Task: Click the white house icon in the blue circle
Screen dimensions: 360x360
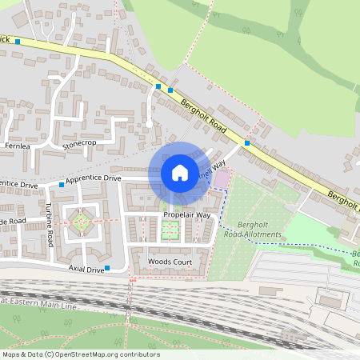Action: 179,172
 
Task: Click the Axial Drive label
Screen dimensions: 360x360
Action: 86,270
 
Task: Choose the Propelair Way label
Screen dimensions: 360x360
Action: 186,216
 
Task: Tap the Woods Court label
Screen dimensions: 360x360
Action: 170,262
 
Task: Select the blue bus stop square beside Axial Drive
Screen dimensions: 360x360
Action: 107,268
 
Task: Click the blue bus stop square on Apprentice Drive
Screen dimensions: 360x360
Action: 61,184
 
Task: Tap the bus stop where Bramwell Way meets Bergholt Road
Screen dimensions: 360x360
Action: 247,143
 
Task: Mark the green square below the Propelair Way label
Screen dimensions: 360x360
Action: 169,230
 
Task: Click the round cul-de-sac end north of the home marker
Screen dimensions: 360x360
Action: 149,124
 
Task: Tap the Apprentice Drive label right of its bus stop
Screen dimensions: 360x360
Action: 94,178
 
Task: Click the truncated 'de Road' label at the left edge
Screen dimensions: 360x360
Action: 13,221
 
